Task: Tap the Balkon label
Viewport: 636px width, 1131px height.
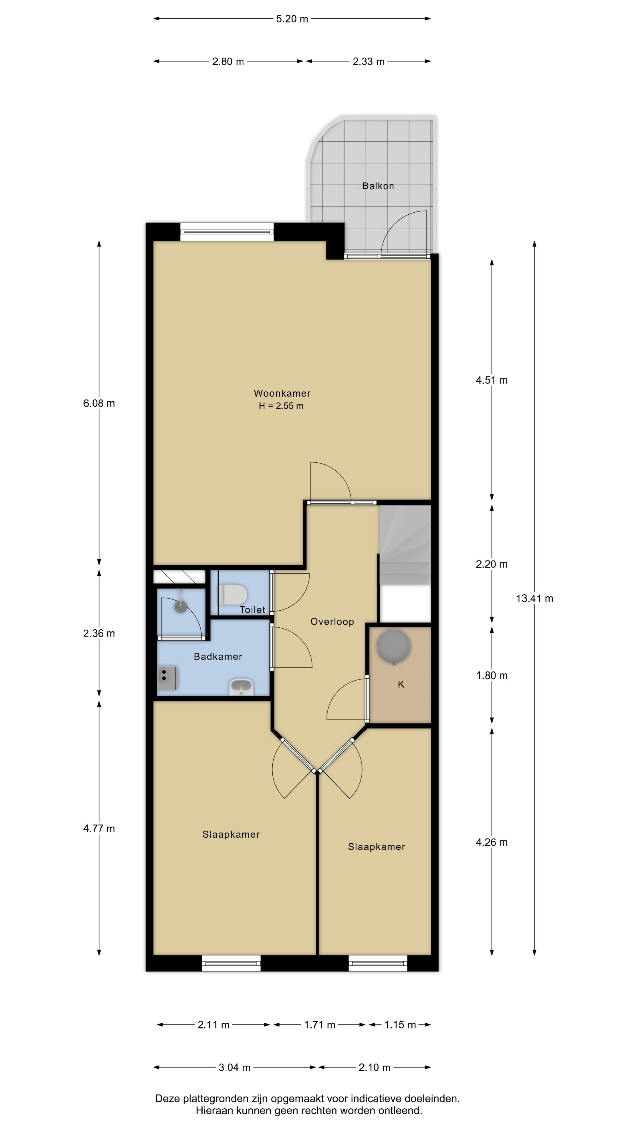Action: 378,186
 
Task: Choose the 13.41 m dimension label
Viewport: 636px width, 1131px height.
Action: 534,598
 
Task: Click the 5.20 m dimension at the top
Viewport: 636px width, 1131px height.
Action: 292,19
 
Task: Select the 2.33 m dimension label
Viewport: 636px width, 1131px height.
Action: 369,62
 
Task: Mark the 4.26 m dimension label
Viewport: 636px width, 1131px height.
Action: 492,842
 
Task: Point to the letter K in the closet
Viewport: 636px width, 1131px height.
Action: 401,684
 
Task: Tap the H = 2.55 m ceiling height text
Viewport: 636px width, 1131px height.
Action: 281,406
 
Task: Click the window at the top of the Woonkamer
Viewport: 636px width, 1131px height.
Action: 227,232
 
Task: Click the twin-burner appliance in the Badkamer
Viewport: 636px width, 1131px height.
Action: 167,678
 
